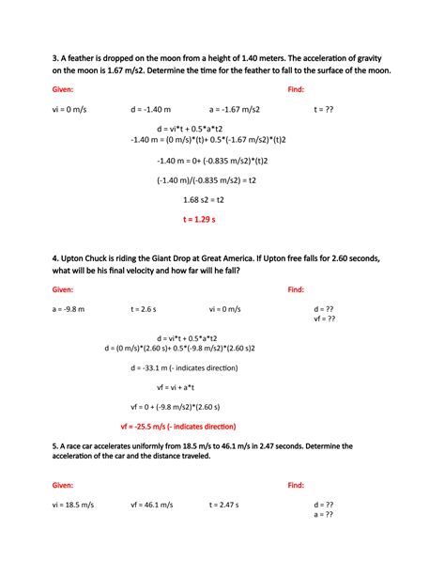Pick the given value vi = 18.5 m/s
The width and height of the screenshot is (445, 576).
(x=73, y=505)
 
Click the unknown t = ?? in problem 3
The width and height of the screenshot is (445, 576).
(x=324, y=110)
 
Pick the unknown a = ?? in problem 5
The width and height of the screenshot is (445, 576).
(x=323, y=514)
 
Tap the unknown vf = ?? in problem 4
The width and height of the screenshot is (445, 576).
(x=325, y=319)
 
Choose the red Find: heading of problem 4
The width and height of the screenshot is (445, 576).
(x=296, y=289)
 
